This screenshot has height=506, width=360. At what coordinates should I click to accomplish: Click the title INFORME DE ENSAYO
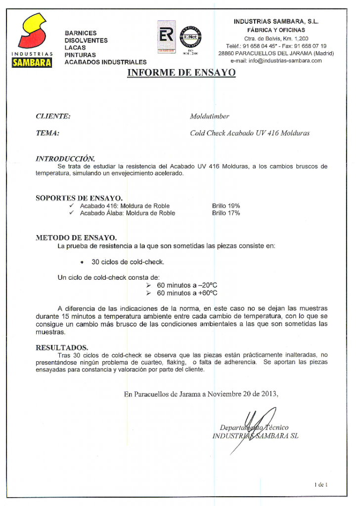point(181,73)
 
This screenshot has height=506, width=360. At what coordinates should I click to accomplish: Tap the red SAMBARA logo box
point(32,63)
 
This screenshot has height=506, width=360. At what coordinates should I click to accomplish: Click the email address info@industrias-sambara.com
point(276,61)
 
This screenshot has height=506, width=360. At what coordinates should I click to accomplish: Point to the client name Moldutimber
point(209,117)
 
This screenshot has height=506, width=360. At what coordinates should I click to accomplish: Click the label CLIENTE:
point(53,117)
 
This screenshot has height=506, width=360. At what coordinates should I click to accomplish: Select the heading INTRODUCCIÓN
point(65,159)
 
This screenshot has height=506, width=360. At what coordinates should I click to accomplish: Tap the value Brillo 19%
point(226,206)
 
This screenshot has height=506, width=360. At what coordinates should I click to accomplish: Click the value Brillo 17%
point(226,213)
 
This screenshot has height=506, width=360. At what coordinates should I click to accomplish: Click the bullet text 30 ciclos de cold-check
point(128,261)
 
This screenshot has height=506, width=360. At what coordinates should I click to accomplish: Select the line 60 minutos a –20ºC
point(187,286)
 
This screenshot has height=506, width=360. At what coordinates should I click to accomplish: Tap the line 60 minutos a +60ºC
point(187,293)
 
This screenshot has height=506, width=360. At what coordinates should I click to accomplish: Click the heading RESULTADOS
point(62,347)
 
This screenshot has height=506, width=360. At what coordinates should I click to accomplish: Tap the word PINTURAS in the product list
point(80,55)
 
